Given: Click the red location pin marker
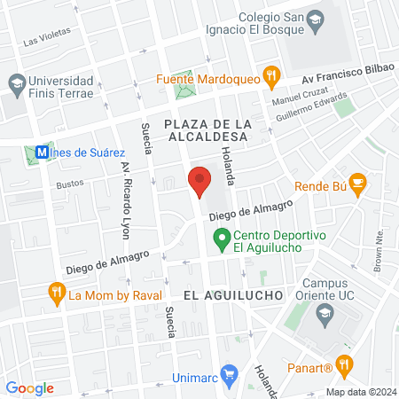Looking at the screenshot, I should click(199, 181).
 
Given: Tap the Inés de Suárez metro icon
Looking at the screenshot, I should click(41, 152).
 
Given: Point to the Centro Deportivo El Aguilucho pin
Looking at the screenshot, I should click(220, 239).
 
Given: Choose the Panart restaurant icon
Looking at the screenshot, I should click(345, 364).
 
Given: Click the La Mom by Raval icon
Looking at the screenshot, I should click(56, 292).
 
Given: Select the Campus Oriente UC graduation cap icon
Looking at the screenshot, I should click(325, 312).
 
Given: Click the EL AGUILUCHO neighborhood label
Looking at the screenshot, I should click(232, 293).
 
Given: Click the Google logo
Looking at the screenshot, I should click(29, 387).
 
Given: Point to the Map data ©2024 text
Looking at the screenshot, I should click(360, 391).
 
